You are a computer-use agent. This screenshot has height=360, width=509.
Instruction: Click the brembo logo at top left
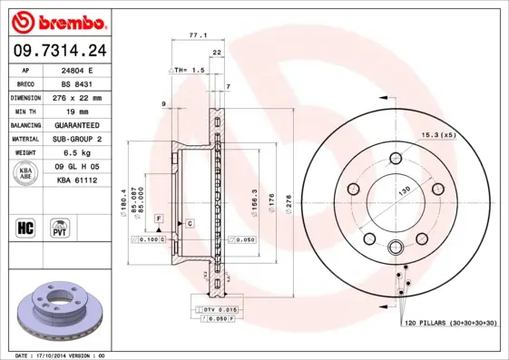56,20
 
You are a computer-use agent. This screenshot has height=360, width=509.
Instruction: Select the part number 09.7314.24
57,49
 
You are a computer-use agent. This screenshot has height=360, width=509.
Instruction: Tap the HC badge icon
25,226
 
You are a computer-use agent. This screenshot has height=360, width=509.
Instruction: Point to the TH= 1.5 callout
189,69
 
